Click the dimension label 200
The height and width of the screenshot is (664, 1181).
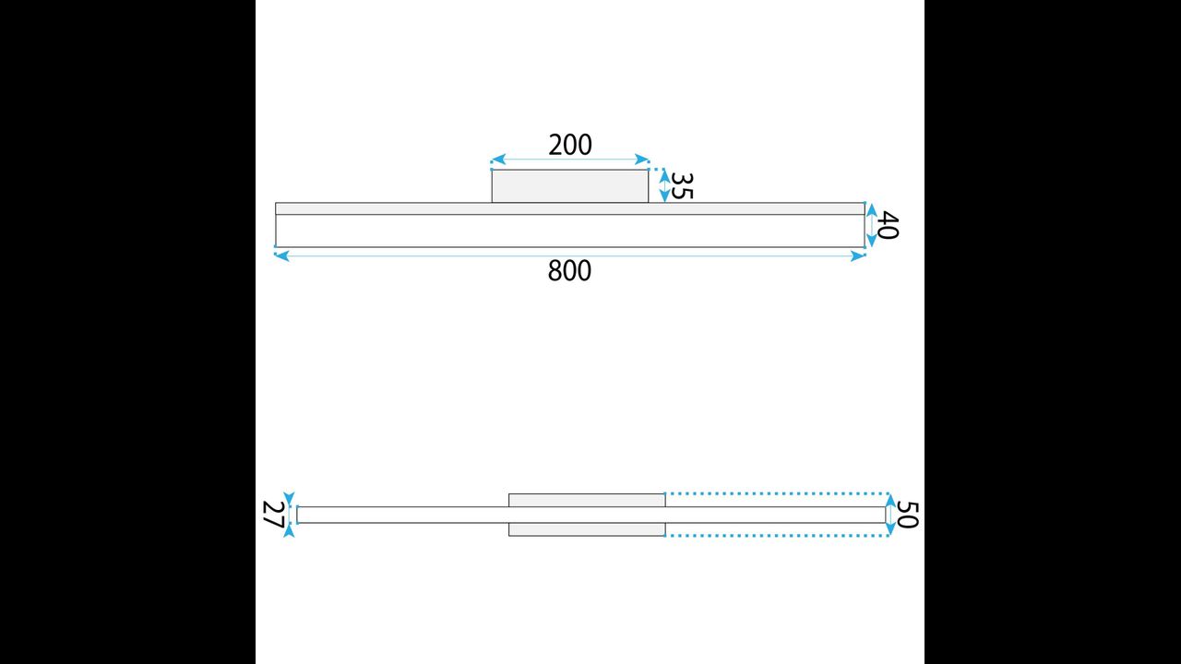pos(570,145)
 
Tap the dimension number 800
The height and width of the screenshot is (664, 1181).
pos(569,271)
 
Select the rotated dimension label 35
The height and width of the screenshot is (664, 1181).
pos(682,186)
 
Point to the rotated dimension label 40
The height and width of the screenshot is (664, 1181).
pos(888,225)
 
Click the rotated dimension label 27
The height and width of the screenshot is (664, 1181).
pos(273,515)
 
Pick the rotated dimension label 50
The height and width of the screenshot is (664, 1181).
pos(908,515)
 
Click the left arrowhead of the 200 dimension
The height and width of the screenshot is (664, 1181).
pos(498,160)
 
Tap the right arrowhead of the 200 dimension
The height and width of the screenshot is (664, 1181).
pos(642,160)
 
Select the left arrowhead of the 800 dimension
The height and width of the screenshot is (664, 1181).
pos(282,256)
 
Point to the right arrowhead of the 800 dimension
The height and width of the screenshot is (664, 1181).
pos(858,256)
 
